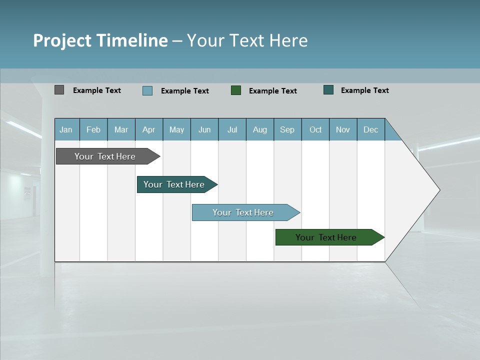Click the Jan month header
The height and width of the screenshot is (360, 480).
[66, 130]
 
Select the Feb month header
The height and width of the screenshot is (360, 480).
[93, 130]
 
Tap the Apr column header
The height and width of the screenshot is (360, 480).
[149, 130]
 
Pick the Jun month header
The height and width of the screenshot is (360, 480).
[204, 130]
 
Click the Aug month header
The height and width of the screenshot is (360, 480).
[260, 130]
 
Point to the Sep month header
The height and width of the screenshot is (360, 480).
[287, 130]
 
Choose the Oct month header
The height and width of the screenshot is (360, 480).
[315, 130]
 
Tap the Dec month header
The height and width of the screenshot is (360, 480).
[371, 130]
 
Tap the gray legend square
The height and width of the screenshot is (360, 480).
[59, 90]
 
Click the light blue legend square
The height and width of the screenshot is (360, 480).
[147, 90]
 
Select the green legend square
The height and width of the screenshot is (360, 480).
[236, 90]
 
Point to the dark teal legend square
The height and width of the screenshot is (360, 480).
[328, 90]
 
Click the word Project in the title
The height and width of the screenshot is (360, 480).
[62, 40]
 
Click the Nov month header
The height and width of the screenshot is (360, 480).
[343, 130]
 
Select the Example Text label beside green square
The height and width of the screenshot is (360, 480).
[273, 91]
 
